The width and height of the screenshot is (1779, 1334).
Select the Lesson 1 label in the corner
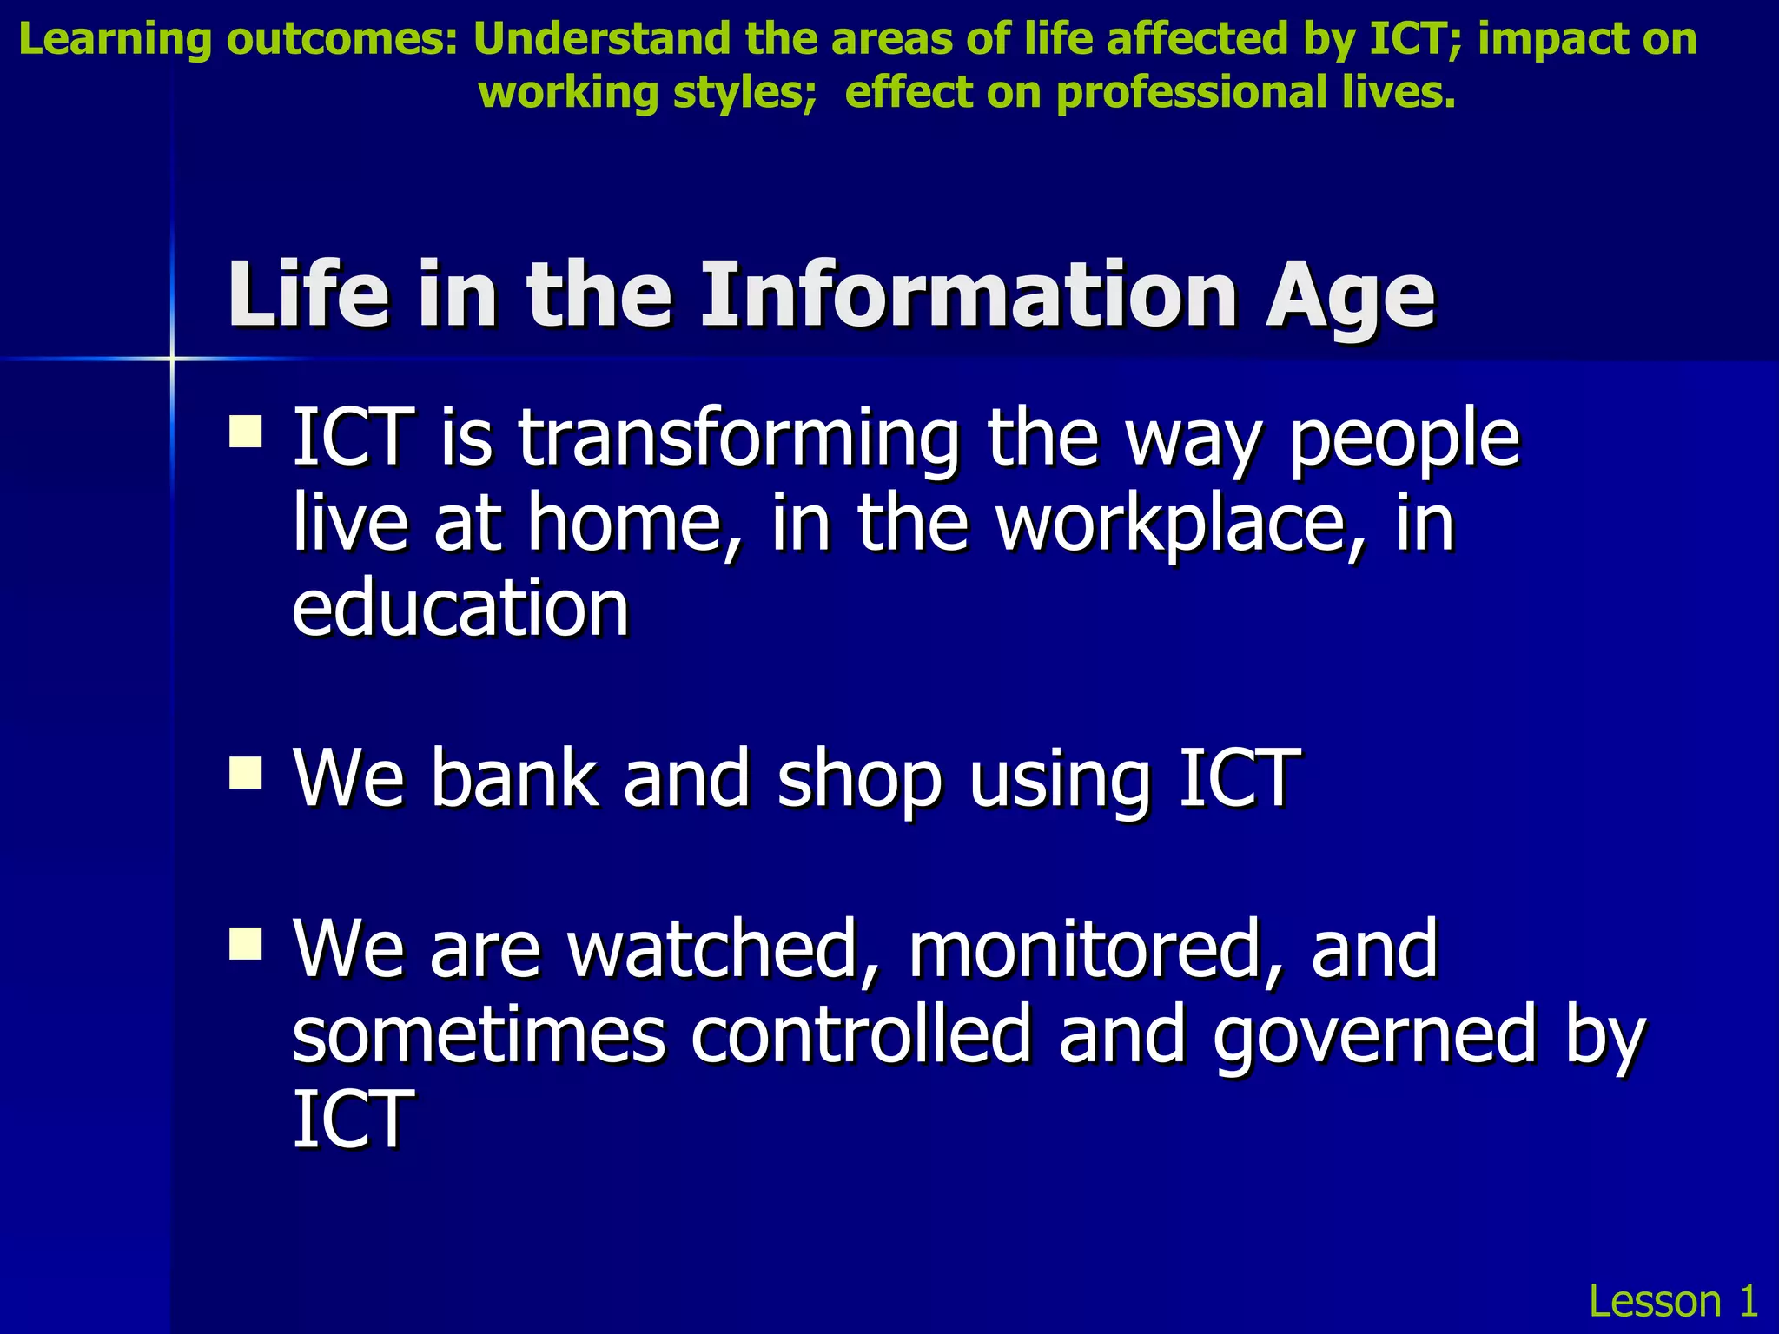[1672, 1301]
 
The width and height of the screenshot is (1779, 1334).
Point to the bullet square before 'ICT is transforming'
[246, 431]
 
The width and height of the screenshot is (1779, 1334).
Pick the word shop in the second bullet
[858, 779]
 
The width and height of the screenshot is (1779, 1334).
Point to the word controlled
[860, 1034]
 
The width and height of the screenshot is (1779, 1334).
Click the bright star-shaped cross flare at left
[172, 358]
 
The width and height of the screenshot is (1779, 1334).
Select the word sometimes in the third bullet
[478, 1034]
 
